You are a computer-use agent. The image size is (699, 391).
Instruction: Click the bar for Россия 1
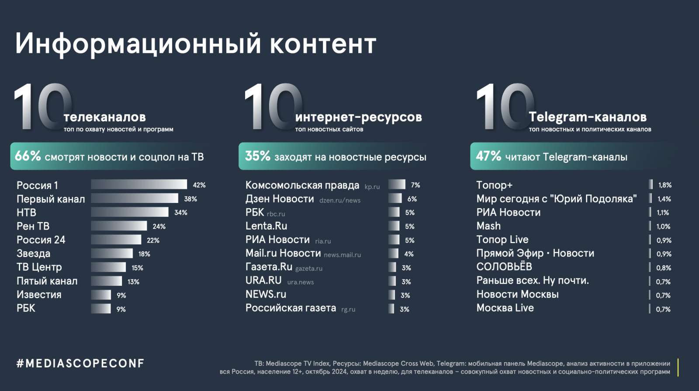pyautogui.click(x=139, y=185)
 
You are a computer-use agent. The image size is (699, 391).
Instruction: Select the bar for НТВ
pyautogui.click(x=130, y=212)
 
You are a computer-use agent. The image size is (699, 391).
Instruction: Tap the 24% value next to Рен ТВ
pyautogui.click(x=159, y=226)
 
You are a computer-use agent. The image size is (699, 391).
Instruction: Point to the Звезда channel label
pyautogui.click(x=34, y=254)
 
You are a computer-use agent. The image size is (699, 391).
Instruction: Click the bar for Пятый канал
pyautogui.click(x=107, y=281)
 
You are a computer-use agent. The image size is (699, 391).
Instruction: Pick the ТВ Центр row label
pyautogui.click(x=39, y=267)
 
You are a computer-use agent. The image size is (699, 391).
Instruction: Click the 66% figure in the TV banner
pyautogui.click(x=28, y=156)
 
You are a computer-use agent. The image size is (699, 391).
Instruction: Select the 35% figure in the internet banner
pyautogui.click(x=258, y=156)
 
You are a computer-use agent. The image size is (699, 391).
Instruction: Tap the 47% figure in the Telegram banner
pyautogui.click(x=488, y=156)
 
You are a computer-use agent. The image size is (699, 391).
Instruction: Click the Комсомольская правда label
pyautogui.click(x=302, y=185)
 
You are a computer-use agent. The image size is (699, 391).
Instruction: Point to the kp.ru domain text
pyautogui.click(x=372, y=187)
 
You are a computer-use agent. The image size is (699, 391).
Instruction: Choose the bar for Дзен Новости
pyautogui.click(x=395, y=199)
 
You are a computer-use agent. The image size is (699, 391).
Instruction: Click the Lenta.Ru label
pyautogui.click(x=266, y=226)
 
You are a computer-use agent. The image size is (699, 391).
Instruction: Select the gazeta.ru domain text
pyautogui.click(x=309, y=268)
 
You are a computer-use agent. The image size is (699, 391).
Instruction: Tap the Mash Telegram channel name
pyautogui.click(x=488, y=226)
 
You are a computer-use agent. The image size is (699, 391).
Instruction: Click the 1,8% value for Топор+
pyautogui.click(x=665, y=185)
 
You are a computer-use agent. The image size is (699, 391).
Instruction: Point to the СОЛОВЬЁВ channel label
pyautogui.click(x=504, y=267)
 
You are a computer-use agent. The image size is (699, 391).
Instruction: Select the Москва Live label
pyautogui.click(x=505, y=308)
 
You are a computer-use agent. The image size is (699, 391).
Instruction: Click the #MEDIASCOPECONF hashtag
pyautogui.click(x=80, y=364)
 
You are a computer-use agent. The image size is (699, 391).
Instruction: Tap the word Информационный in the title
pyautogui.click(x=138, y=44)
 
